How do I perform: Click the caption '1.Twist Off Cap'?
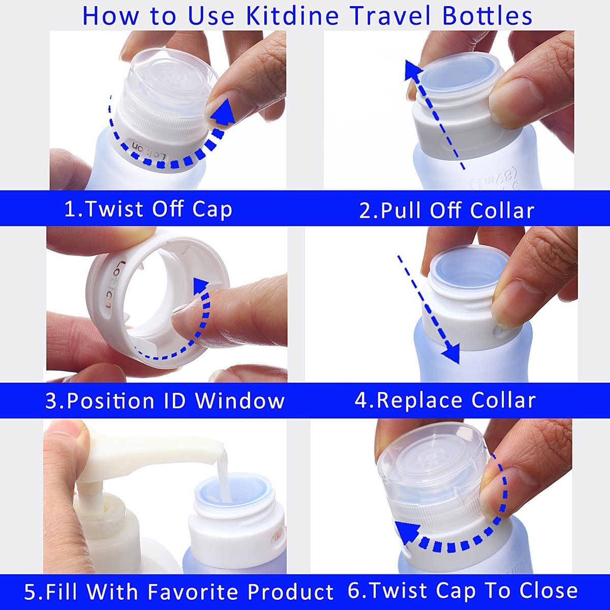click(148, 209)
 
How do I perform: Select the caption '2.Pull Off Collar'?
click(447, 210)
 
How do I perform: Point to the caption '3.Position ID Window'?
click(165, 401)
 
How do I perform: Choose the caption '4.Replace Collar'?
click(445, 400)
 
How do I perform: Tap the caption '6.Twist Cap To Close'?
click(463, 591)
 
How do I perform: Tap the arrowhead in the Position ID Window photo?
click(201, 286)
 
